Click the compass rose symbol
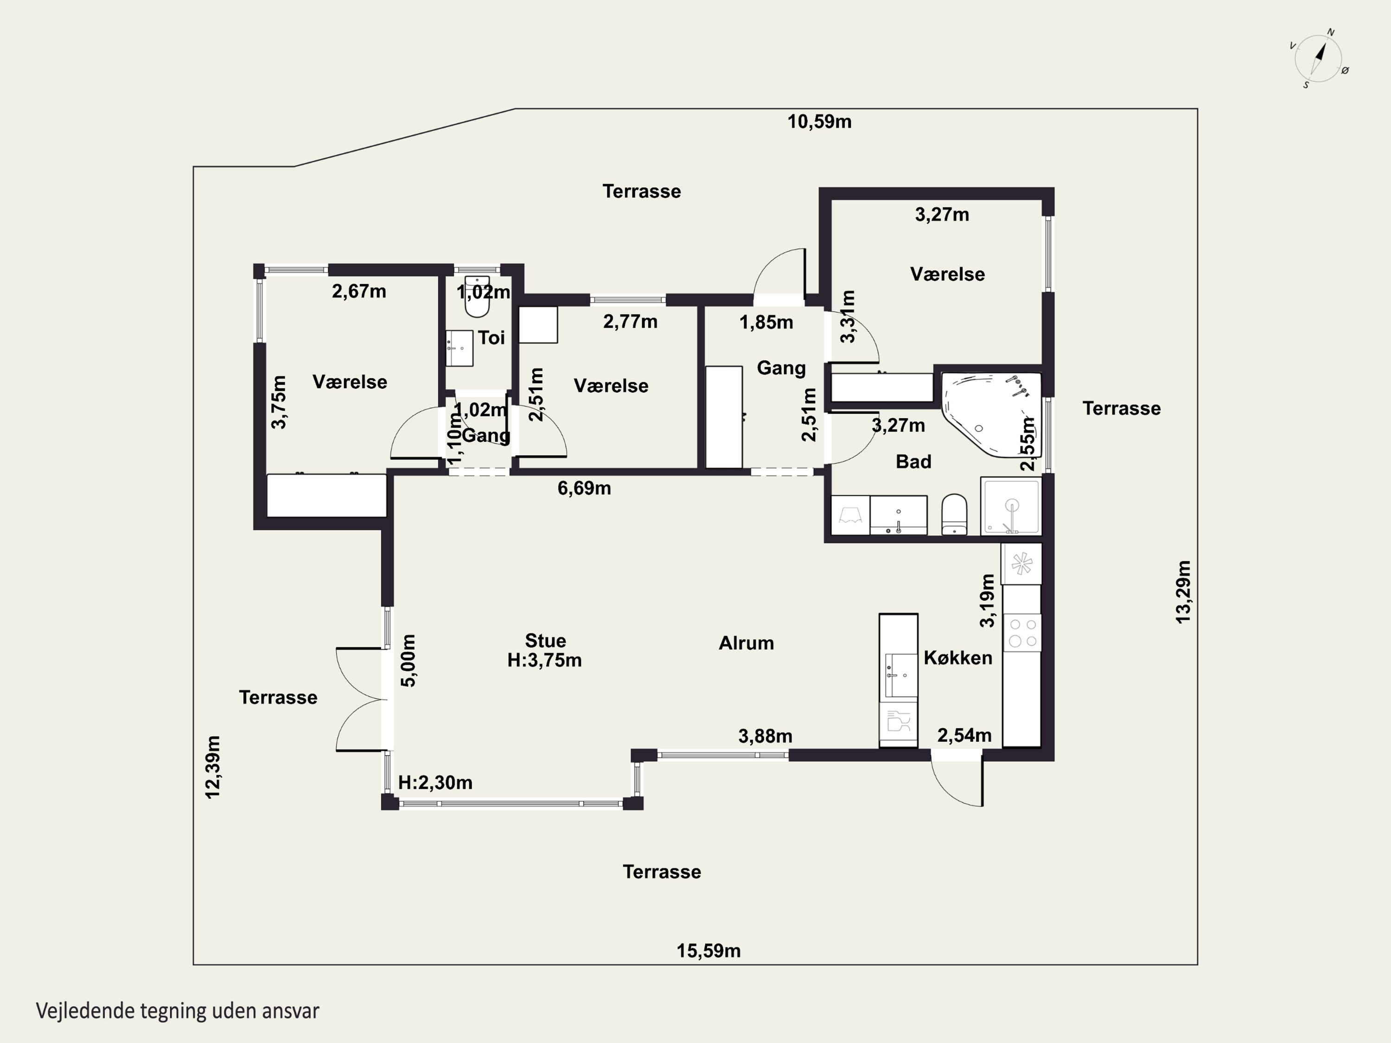(x=1318, y=58)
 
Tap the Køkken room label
(x=958, y=658)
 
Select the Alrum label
(x=747, y=643)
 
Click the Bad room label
(x=913, y=461)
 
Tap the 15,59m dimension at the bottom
(x=708, y=951)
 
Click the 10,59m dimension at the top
(x=819, y=122)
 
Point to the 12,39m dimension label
(x=213, y=768)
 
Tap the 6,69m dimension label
(x=584, y=488)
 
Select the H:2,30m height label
(x=435, y=783)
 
